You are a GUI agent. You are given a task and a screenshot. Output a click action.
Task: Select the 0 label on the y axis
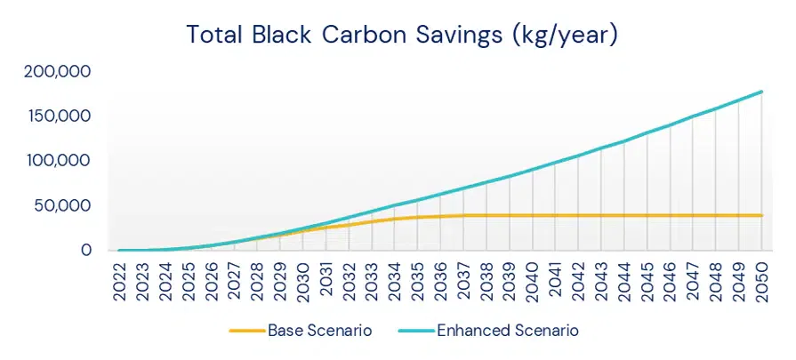click(x=86, y=251)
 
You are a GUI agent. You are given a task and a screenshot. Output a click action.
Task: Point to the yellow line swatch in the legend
click(x=246, y=331)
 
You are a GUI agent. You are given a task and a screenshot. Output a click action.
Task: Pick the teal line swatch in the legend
click(x=416, y=331)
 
